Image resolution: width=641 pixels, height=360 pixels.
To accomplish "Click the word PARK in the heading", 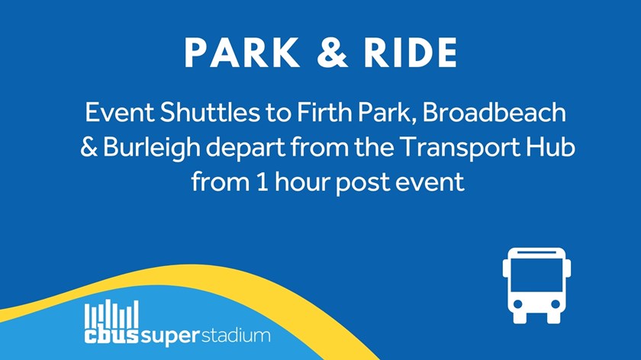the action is click(x=242, y=53).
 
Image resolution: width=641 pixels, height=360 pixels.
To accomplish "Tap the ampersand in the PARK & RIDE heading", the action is click(x=332, y=53).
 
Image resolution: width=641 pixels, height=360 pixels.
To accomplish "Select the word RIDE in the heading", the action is click(x=411, y=53).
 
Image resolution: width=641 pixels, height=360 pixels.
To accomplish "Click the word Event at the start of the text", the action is click(x=119, y=112).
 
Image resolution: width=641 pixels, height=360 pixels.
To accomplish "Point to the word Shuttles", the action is click(x=210, y=112).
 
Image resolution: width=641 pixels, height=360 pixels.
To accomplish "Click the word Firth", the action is click(x=324, y=112).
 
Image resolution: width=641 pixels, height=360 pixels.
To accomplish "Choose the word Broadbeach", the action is click(x=494, y=112).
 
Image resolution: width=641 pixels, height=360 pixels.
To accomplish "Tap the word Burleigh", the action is click(x=151, y=148).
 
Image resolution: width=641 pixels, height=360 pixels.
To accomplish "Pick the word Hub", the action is click(x=550, y=147).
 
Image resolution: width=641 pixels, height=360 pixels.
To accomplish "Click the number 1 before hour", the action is click(x=263, y=182).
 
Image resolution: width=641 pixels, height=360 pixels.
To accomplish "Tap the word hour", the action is click(x=301, y=182).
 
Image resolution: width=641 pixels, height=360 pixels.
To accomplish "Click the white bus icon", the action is click(x=536, y=285).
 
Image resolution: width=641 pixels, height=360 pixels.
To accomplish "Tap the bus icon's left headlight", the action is click(x=518, y=304).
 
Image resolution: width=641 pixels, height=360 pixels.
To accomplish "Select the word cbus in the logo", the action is click(x=111, y=336).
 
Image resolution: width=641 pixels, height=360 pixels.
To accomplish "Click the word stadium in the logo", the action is click(x=236, y=336).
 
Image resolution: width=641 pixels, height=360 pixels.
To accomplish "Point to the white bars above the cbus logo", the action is click(x=111, y=313).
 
